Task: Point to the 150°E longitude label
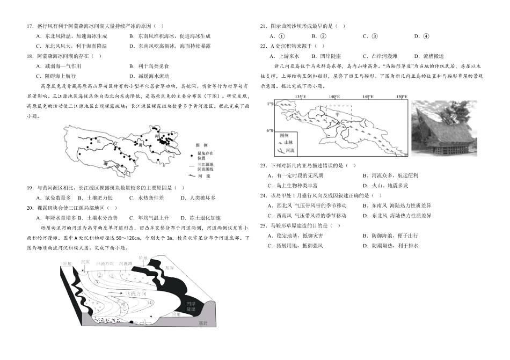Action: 401,97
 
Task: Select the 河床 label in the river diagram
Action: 84,262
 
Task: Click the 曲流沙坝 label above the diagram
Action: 105,264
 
